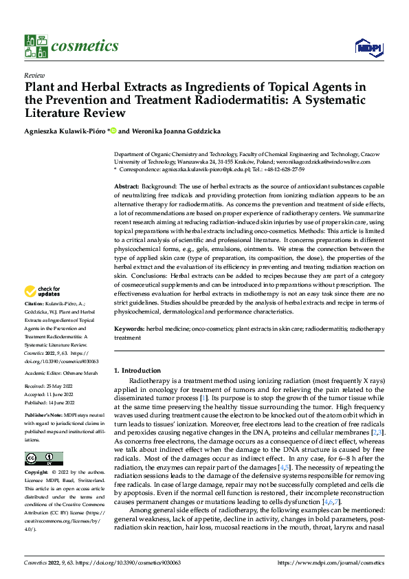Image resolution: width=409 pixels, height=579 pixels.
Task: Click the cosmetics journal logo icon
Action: click(35, 46)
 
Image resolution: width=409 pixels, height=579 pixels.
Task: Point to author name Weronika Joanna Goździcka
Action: click(184, 131)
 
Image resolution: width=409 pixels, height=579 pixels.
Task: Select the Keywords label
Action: click(129, 329)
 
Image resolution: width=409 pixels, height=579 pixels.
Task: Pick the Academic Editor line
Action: click(60, 373)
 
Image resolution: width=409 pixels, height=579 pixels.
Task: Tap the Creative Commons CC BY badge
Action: click(44, 458)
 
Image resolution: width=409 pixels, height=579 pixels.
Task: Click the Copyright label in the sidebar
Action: click(36, 473)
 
